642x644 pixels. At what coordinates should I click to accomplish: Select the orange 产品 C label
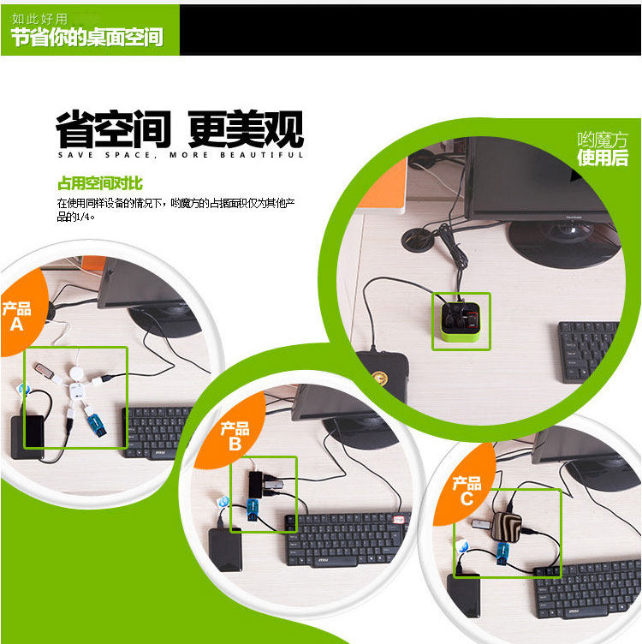tap(467, 491)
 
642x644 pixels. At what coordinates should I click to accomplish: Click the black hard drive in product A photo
tap(27, 438)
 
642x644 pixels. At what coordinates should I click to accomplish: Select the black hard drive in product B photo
tap(225, 548)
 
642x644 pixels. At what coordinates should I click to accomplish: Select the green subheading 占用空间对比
tap(99, 183)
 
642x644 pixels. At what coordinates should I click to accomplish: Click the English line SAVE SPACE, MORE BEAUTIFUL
tap(180, 156)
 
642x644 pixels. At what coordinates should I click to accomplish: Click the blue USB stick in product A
tap(94, 425)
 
